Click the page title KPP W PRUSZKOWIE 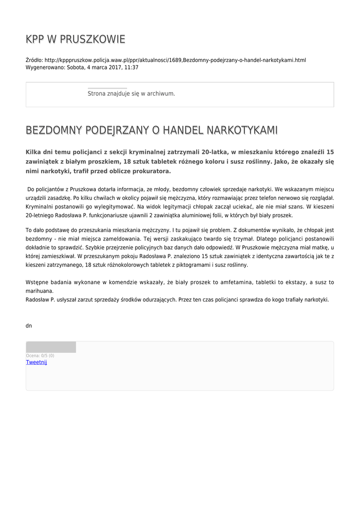(x=75, y=39)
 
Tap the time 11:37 (x=131, y=67)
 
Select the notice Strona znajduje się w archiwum (x=131, y=93)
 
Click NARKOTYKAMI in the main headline (x=242, y=130)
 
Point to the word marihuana (x=39, y=291)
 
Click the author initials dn (x=29, y=326)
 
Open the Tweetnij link (x=36, y=362)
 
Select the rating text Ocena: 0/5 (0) (x=40, y=355)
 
